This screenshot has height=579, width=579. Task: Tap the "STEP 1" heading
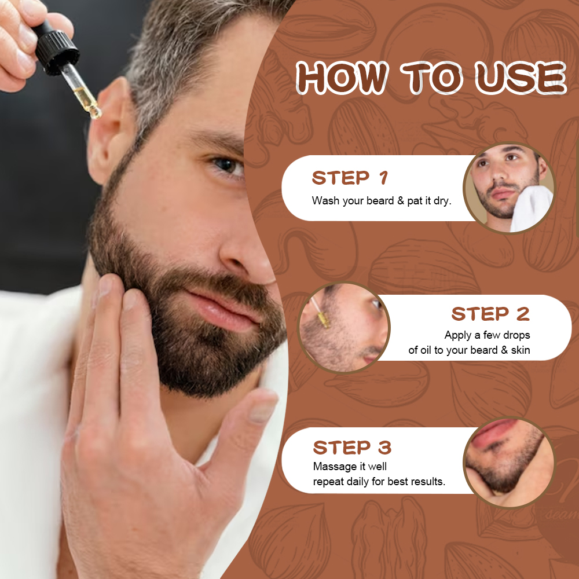coord(350,178)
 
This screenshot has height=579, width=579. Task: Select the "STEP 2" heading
coord(490,314)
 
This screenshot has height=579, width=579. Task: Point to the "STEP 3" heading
coord(352,448)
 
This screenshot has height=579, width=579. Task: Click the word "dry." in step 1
coord(440,201)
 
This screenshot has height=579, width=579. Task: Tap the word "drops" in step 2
coord(516,335)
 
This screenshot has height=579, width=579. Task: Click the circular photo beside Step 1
coord(509,188)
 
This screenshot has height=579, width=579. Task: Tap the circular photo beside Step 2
coord(344,328)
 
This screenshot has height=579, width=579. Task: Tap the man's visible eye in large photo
coord(228,167)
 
